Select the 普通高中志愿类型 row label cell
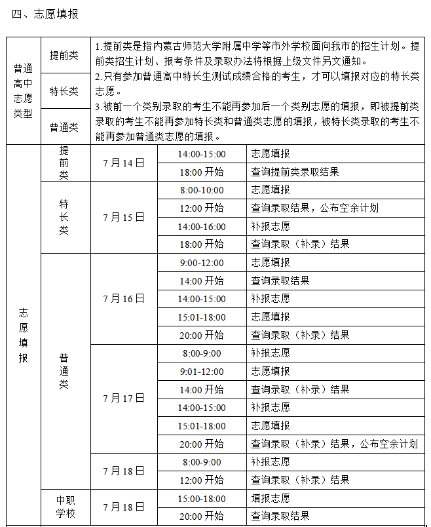coord(23,90)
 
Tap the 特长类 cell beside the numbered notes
coord(64,91)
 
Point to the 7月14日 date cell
coord(123,163)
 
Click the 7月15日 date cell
coord(123,217)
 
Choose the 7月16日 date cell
coord(123,298)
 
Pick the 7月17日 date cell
coord(123,398)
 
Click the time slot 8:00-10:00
coord(201,190)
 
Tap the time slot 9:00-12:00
coord(201,263)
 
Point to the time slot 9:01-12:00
coord(201,371)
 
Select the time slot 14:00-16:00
coord(201,226)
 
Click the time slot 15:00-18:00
coord(201,498)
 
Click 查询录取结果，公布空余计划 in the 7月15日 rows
coord(314,208)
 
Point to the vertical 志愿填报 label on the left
coord(23,334)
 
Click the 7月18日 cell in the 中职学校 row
coord(123,507)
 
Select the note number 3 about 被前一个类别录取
coord(96,106)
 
